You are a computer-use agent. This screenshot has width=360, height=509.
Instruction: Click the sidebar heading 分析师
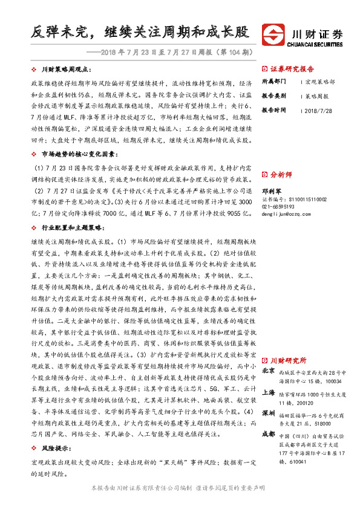281,174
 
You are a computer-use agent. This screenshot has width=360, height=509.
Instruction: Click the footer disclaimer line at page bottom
179,487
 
